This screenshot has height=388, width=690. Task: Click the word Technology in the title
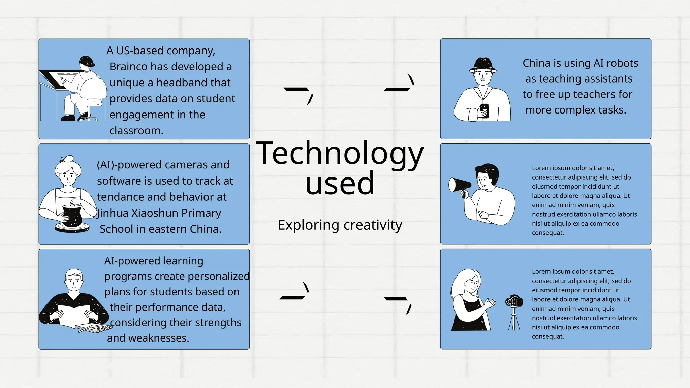pyautogui.click(x=340, y=154)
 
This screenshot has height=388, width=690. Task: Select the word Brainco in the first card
pyautogui.click(x=128, y=67)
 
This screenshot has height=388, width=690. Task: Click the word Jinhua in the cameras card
pyautogui.click(x=113, y=213)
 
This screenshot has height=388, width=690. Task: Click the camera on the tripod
pyautogui.click(x=514, y=301)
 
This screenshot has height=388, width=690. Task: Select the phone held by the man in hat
pyautogui.click(x=484, y=110)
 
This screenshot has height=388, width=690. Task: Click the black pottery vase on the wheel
pyautogui.click(x=72, y=216)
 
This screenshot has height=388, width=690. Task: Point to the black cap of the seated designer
pyautogui.click(x=87, y=61)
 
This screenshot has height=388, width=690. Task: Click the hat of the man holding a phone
pyautogui.click(x=483, y=65)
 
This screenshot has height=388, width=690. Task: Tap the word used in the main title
pyautogui.click(x=340, y=183)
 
